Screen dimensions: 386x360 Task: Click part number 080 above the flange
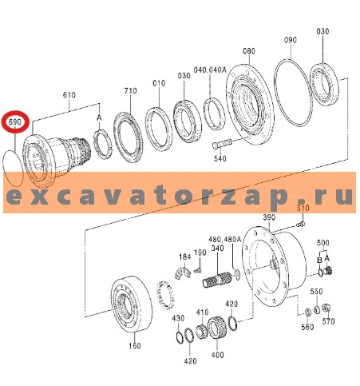coord(250,52)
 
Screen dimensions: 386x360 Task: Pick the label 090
coord(291,39)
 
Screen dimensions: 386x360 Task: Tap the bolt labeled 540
coord(221,145)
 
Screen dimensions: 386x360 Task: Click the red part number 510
coord(303,209)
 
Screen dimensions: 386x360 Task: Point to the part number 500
coord(322,242)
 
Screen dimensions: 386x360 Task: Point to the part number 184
coord(184,257)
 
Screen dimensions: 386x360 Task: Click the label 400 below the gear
coord(218,353)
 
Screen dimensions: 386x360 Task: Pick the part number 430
coord(177,318)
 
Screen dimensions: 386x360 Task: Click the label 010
coord(159,82)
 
